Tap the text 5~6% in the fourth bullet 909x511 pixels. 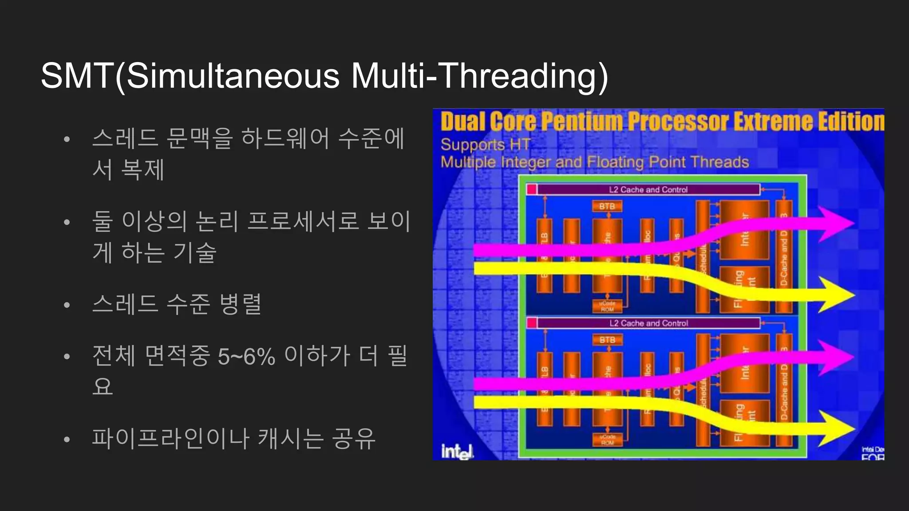tap(246, 356)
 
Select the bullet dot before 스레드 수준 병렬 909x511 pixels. tap(67, 305)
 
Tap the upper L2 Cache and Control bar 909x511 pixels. tap(648, 190)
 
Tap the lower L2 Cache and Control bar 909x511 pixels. tap(648, 323)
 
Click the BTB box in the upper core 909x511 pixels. tap(607, 206)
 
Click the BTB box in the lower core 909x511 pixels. tap(607, 340)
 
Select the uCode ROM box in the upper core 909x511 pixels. tap(607, 306)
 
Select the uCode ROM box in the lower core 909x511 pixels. tap(607, 440)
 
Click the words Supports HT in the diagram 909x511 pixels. tap(486, 145)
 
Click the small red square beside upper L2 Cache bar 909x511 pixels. tap(531, 189)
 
